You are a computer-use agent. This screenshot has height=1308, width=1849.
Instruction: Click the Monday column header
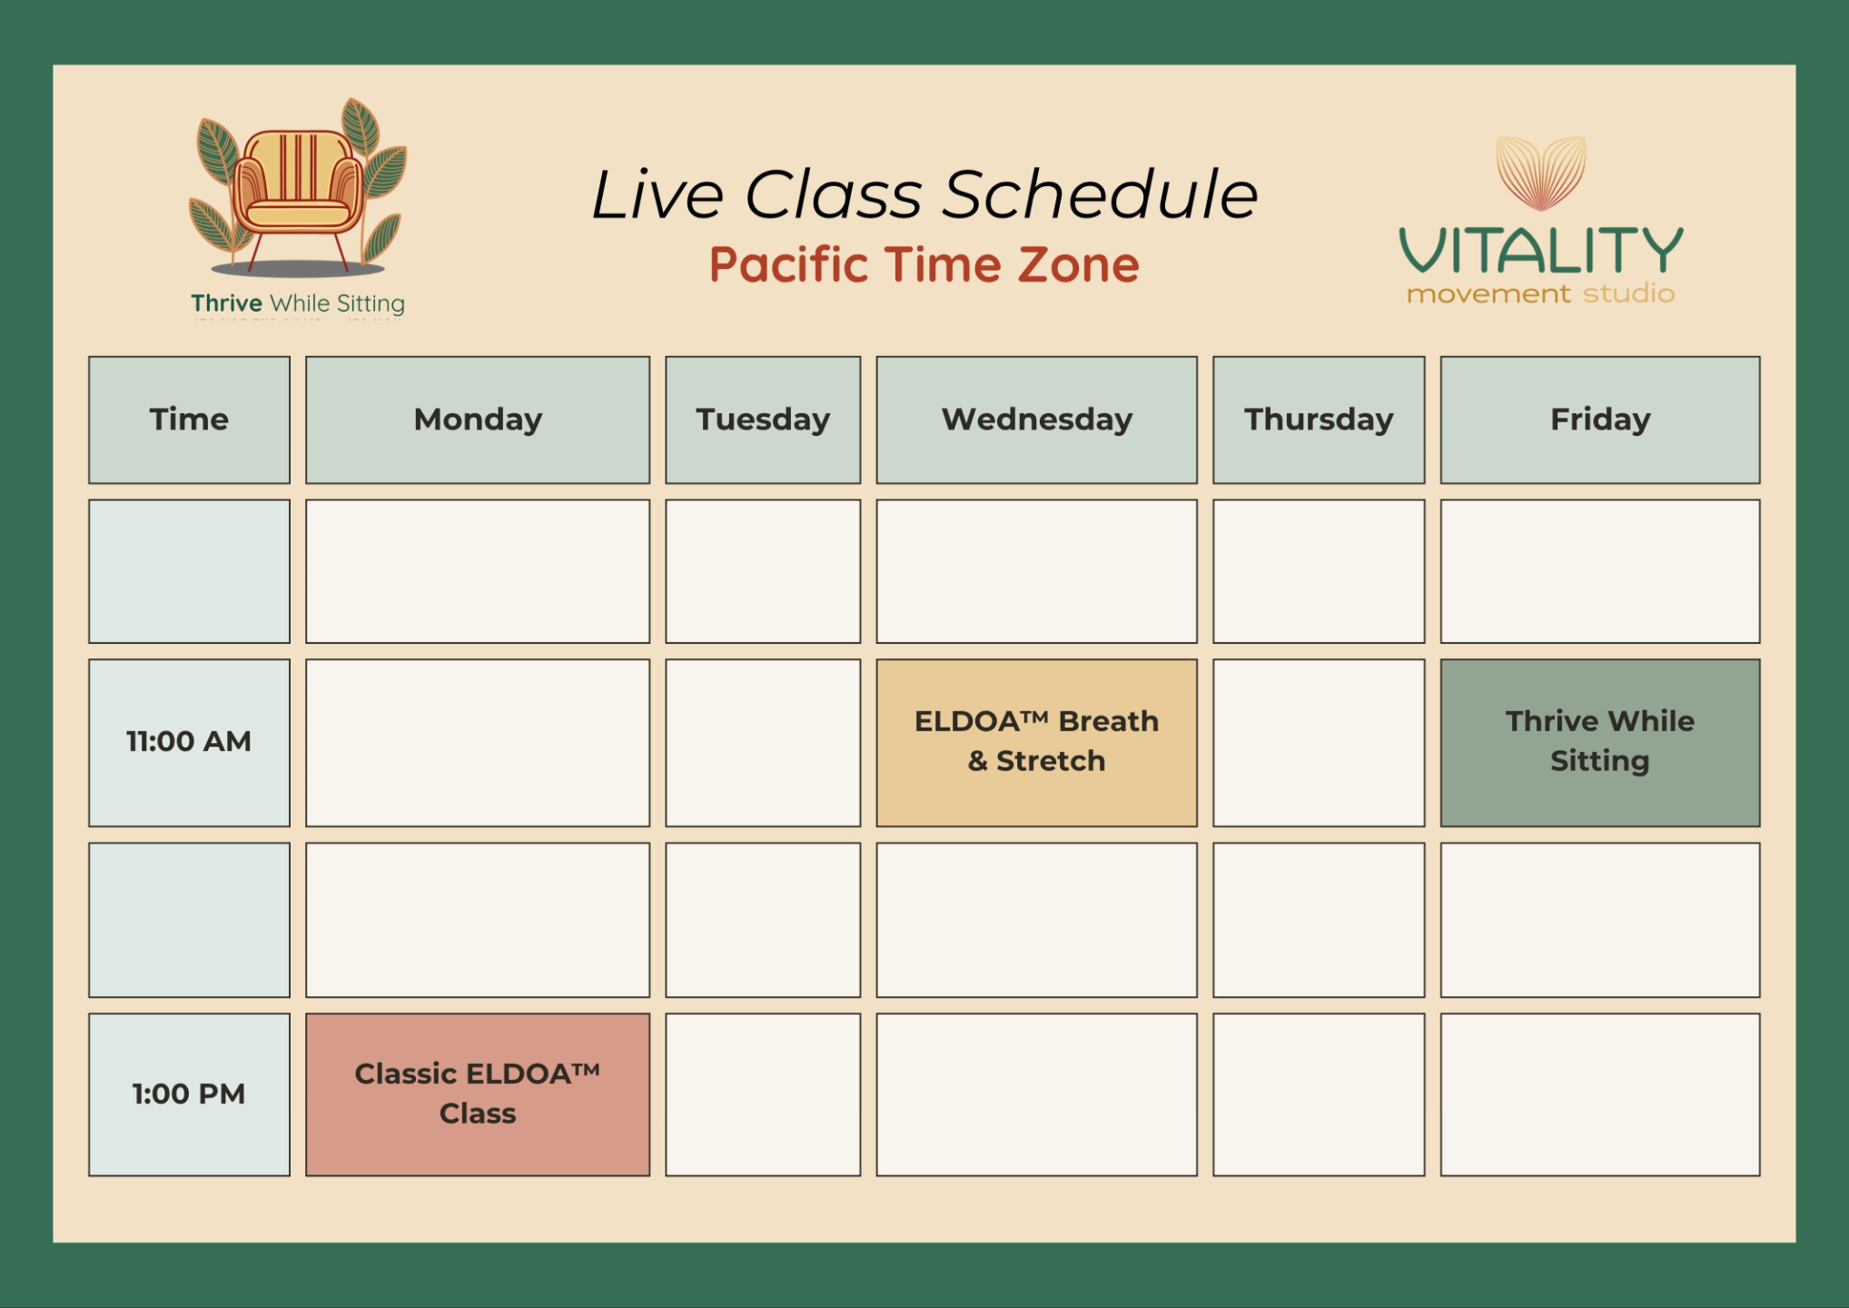(478, 420)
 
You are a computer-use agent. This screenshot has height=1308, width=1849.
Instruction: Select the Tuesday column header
(763, 420)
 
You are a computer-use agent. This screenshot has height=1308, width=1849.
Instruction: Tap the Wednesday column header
(1036, 420)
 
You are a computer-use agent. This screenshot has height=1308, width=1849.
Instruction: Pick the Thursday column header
(1319, 420)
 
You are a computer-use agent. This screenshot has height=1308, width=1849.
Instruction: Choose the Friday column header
(1600, 420)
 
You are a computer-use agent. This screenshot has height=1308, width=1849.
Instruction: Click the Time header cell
(189, 420)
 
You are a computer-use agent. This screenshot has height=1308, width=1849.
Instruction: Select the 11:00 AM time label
(189, 741)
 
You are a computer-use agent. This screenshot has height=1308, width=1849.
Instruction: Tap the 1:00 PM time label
(189, 1094)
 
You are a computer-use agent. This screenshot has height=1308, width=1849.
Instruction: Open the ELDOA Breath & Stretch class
(1036, 743)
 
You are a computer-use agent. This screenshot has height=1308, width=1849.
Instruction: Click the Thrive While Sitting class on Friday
(1600, 743)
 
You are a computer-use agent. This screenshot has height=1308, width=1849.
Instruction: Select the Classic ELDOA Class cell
(478, 1095)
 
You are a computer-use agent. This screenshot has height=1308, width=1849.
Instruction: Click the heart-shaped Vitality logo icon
(1541, 173)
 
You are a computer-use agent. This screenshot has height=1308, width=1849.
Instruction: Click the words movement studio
(1541, 294)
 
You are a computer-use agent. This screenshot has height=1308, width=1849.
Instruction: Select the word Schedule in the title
(1101, 194)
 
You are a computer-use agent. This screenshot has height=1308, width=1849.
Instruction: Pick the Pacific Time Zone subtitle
(924, 264)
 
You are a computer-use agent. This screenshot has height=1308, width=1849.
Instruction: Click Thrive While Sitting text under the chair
(298, 303)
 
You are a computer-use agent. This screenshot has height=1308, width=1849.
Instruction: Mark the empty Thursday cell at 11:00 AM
(1319, 743)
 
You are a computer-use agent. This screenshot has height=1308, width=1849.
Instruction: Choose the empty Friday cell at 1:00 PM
(1600, 1095)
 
